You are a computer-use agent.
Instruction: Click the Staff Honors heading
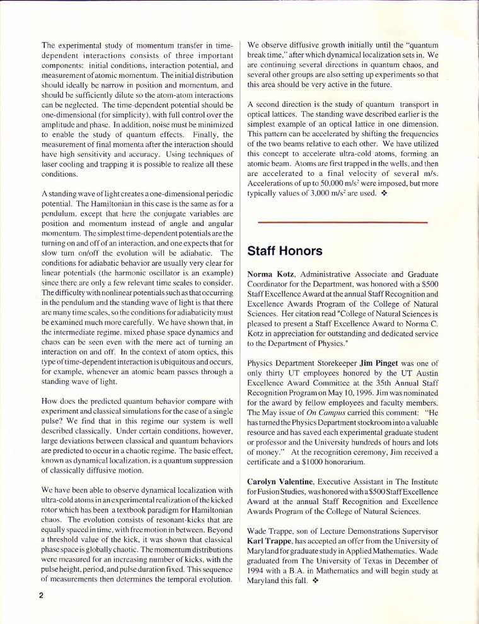point(285,251)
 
